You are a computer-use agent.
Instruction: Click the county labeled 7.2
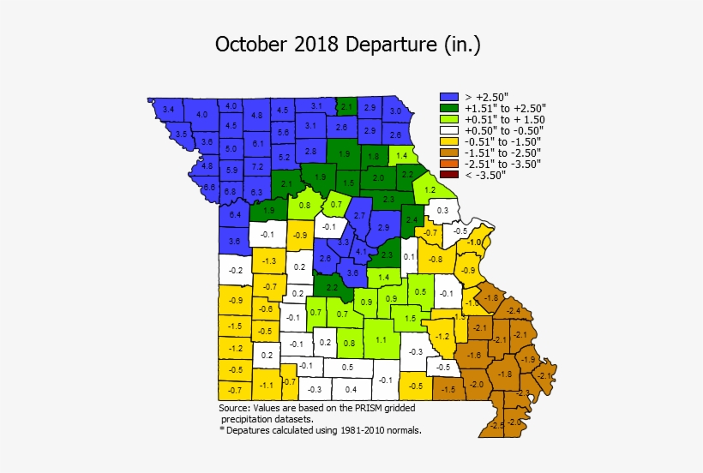[257, 165]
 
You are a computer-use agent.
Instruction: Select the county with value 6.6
[208, 187]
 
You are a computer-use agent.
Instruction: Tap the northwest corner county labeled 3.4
[169, 110]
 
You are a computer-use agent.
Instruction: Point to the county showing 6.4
[235, 214]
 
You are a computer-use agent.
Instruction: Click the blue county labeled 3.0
[395, 111]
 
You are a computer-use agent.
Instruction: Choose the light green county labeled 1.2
[430, 189]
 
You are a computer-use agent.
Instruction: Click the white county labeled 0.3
[442, 210]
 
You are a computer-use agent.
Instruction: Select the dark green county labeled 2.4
[412, 220]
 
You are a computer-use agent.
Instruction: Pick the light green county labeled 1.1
[381, 339]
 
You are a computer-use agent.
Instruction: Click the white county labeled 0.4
[351, 389]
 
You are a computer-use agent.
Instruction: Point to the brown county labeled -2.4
[514, 309]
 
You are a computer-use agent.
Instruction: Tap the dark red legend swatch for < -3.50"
[448, 175]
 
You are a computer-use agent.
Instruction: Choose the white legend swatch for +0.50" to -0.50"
[448, 131]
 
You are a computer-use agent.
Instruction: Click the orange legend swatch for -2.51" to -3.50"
[448, 164]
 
